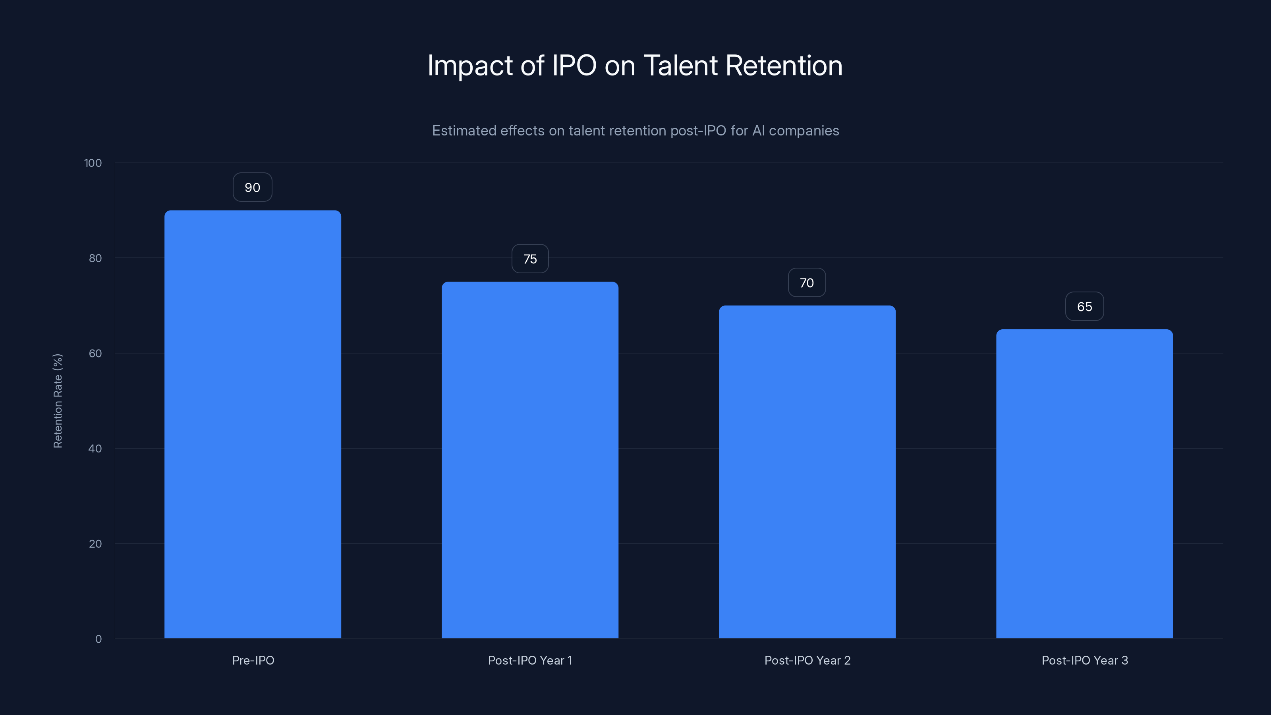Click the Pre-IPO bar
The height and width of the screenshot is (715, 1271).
tap(253, 424)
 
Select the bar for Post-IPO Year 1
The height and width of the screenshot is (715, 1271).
tap(530, 460)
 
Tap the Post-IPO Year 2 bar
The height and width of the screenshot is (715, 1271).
tap(807, 472)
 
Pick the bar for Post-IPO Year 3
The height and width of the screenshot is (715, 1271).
tap(1084, 483)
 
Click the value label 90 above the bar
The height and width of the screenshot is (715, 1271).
tap(252, 187)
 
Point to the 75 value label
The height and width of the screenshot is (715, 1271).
tap(530, 259)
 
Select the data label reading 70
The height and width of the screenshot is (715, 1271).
tap(807, 283)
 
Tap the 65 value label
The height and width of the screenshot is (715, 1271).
tap(1084, 306)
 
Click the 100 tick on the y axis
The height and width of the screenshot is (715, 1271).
tap(93, 163)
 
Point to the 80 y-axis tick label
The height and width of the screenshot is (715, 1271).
tap(95, 258)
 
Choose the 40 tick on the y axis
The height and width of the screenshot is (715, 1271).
tap(95, 448)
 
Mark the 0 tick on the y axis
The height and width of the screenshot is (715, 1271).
tap(99, 639)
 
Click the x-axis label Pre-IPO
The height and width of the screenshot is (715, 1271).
tap(253, 660)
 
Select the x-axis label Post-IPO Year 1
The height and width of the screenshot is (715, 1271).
tap(530, 660)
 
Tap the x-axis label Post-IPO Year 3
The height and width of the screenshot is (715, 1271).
tap(1084, 660)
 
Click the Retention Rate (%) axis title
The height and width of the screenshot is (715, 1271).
tap(58, 401)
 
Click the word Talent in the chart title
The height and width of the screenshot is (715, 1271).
tap(680, 66)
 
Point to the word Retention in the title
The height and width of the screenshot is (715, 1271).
tap(784, 66)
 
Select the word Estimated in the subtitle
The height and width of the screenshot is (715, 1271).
tap(464, 131)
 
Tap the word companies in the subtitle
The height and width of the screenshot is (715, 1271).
tap(804, 131)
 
